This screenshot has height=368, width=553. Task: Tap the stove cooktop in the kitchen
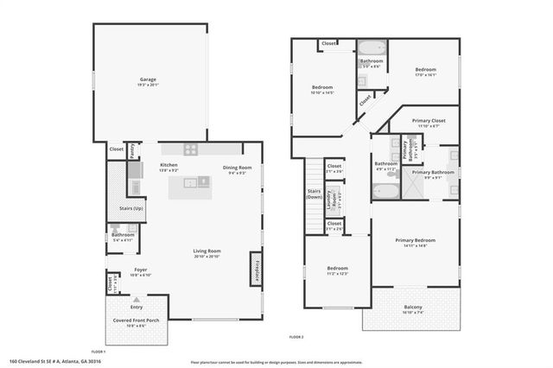pos(191,149)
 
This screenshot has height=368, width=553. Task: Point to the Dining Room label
pos(237,169)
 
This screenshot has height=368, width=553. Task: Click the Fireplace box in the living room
pos(256,269)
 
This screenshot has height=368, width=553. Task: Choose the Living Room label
pos(207,253)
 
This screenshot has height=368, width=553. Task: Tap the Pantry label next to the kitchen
pos(132,150)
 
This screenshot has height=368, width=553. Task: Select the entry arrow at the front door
pos(135,299)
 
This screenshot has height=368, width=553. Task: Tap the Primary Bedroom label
pos(412,242)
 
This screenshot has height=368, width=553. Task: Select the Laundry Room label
pos(329,200)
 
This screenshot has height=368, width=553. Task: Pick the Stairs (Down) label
pos(314,194)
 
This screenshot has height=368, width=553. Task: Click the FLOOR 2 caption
pos(296,335)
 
